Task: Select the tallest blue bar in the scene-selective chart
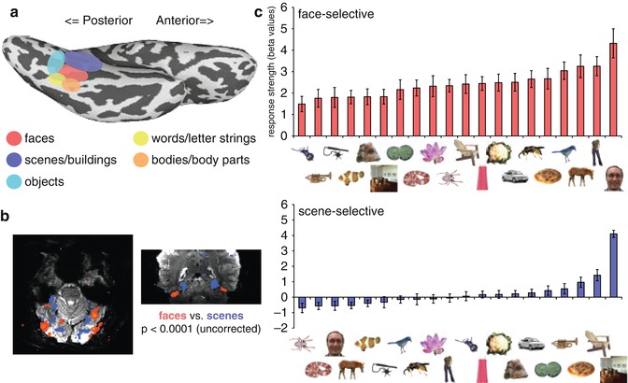click(x=613, y=265)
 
